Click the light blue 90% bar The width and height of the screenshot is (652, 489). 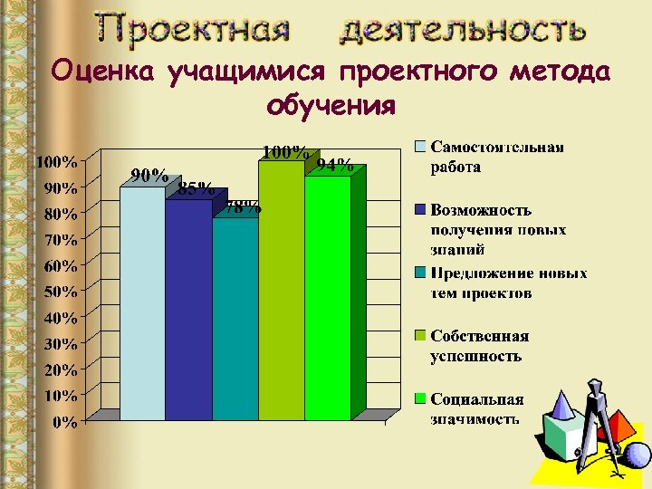[143, 303]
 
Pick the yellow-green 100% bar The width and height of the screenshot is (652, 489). [281, 290]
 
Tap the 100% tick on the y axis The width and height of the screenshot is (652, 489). [56, 162]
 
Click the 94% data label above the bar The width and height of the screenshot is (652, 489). [335, 165]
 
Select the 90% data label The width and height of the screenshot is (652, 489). [149, 176]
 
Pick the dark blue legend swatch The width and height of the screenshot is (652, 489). [421, 209]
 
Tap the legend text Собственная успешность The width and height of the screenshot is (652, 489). [479, 345]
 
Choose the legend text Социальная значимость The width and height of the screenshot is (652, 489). [476, 408]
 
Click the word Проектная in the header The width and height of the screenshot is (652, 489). [194, 29]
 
